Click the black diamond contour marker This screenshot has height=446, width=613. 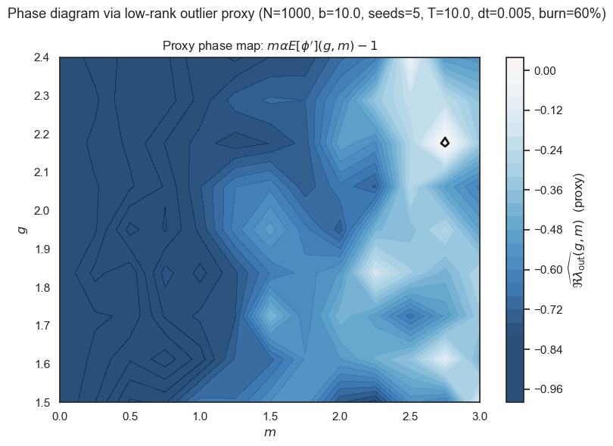point(445,141)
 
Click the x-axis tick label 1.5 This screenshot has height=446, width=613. point(269,416)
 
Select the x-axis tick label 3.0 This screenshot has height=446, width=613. point(480,416)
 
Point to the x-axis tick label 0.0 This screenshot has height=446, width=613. point(59,416)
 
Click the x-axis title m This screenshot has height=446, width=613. point(269,432)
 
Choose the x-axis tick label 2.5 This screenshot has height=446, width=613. point(409,416)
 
